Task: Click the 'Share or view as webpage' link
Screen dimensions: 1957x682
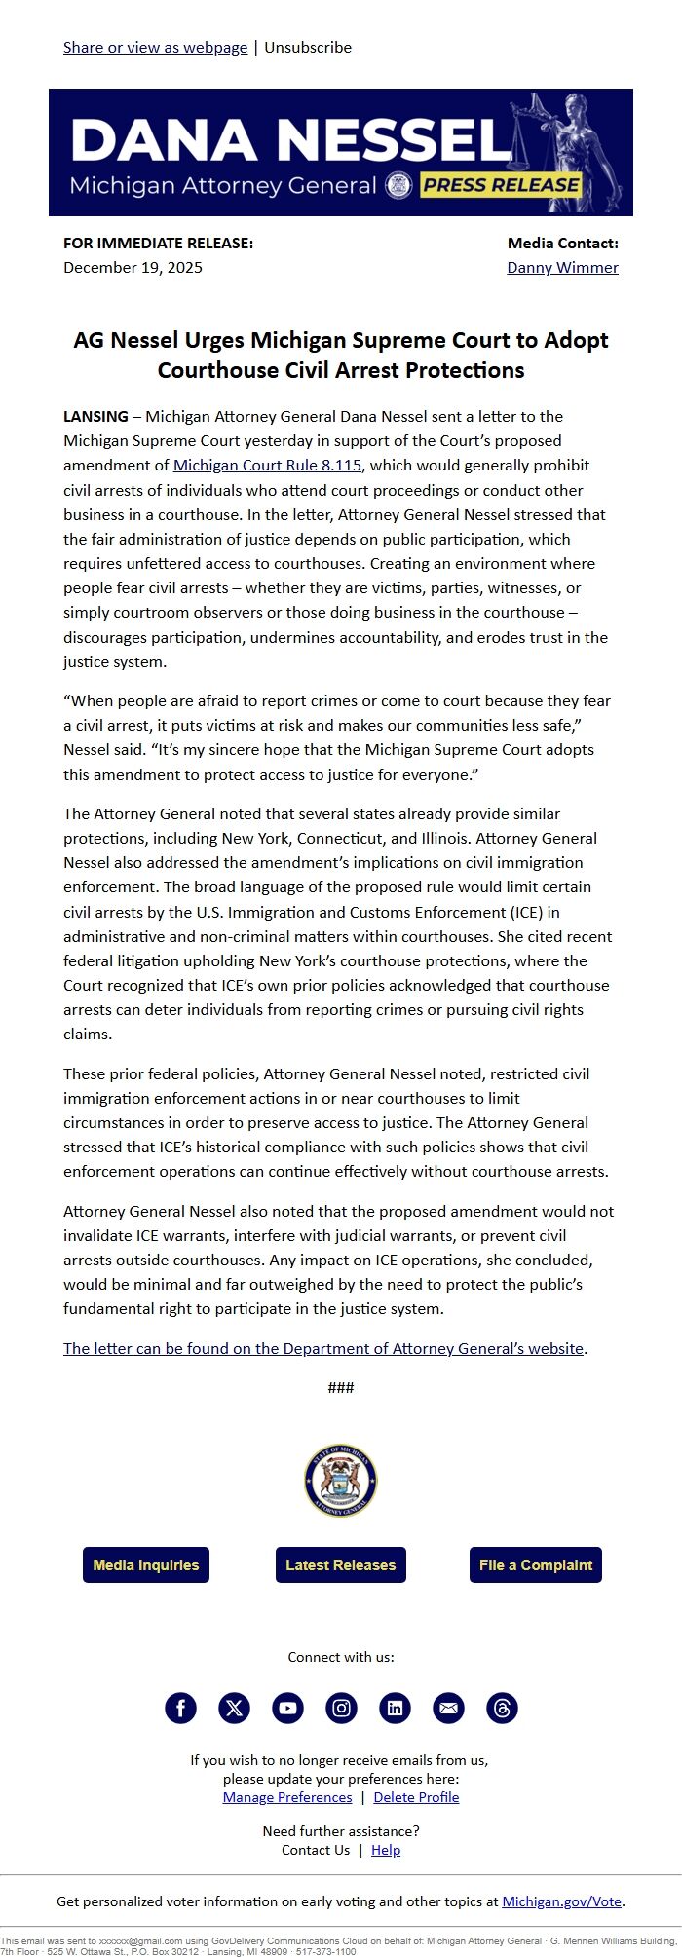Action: point(155,47)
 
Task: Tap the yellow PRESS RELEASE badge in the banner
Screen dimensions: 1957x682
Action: point(502,185)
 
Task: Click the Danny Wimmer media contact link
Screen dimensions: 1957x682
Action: point(562,267)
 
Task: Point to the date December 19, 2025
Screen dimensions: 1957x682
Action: point(133,267)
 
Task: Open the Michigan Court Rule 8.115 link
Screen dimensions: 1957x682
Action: point(267,466)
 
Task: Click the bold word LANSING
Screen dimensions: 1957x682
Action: point(95,416)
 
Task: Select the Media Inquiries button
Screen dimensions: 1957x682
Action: point(146,1564)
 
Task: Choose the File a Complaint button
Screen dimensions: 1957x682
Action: point(535,1564)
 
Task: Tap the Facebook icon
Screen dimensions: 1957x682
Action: point(180,1708)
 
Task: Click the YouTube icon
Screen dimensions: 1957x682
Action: point(287,1708)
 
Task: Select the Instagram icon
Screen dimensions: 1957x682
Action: point(341,1708)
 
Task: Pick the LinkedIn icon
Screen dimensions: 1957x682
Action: point(395,1708)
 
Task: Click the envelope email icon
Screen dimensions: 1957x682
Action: point(448,1708)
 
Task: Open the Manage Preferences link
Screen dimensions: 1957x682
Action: point(287,1797)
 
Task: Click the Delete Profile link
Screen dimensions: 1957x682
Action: point(416,1797)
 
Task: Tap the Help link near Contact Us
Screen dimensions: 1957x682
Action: point(386,1850)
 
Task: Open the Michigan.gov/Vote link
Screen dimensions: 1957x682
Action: point(562,1901)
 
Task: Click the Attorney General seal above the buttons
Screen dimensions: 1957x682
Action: point(340,1481)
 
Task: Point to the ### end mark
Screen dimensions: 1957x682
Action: point(341,1387)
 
